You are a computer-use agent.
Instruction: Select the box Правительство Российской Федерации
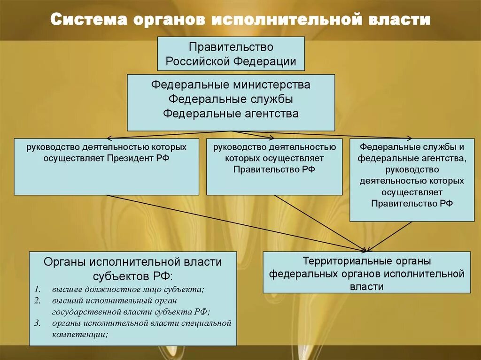pyautogui.click(x=231, y=54)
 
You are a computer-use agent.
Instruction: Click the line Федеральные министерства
pyautogui.click(x=231, y=85)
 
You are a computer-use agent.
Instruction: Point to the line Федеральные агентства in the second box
pyautogui.click(x=231, y=114)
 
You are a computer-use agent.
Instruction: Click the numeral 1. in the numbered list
pyautogui.click(x=38, y=289)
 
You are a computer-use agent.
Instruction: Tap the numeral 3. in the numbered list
pyautogui.click(x=38, y=323)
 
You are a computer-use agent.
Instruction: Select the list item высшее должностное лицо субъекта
pyautogui.click(x=128, y=289)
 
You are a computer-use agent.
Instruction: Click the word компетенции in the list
pyautogui.click(x=80, y=334)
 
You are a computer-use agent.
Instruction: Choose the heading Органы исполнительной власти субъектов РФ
pyautogui.click(x=132, y=268)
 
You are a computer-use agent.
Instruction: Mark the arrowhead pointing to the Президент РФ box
pyautogui.click(x=108, y=138)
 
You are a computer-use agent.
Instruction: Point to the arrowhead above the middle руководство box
pyautogui.click(x=272, y=138)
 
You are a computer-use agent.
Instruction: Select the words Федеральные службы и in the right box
pyautogui.click(x=411, y=147)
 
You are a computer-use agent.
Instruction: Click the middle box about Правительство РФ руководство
pyautogui.click(x=274, y=167)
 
